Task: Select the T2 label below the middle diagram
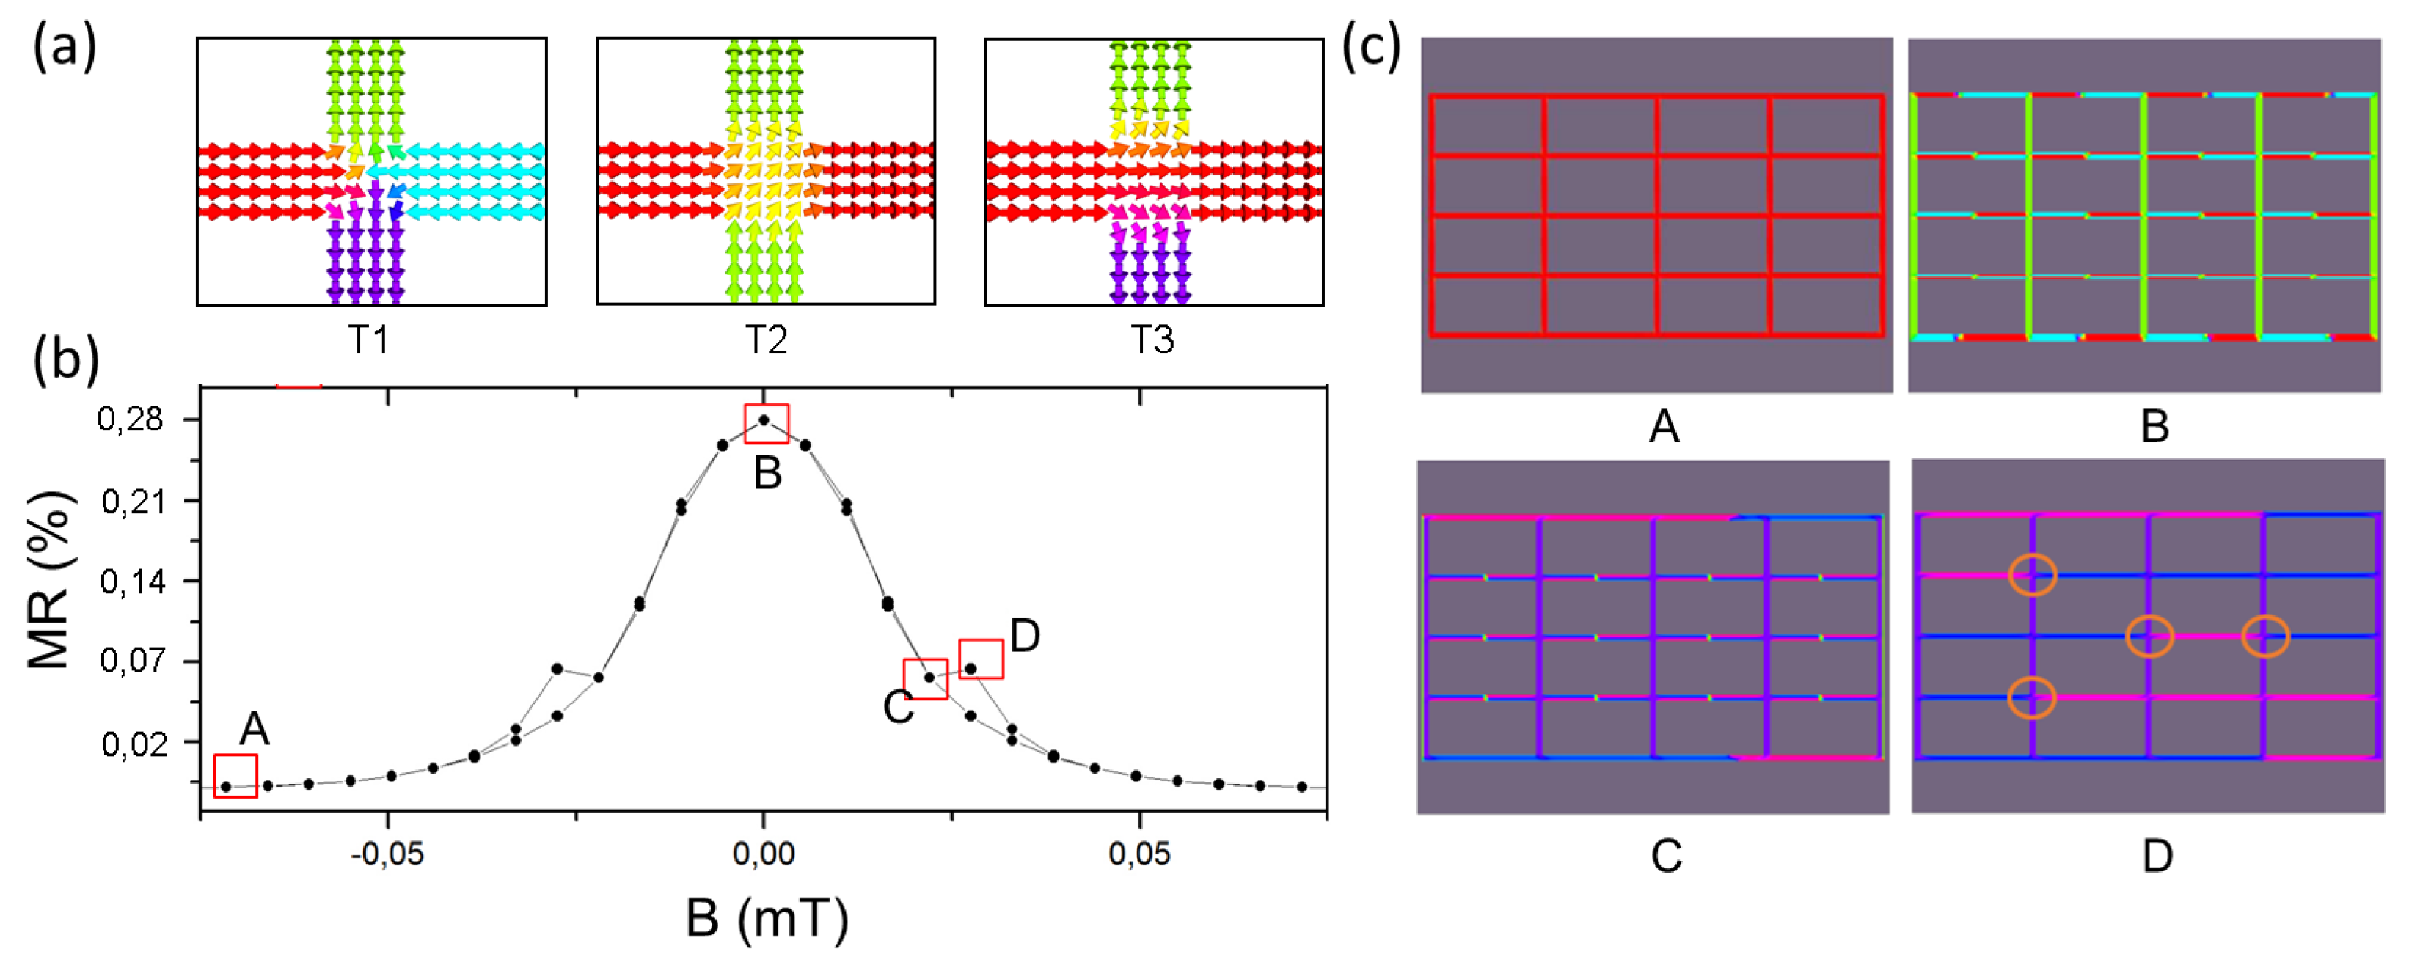[766, 339]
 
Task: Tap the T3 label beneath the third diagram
[1152, 339]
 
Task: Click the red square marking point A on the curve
[235, 775]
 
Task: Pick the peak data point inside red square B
[765, 420]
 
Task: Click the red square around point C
[925, 678]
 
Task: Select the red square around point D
[981, 659]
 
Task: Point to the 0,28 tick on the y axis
[130, 419]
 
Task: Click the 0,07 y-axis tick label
[130, 661]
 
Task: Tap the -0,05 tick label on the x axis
[387, 853]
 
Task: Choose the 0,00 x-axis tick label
[763, 853]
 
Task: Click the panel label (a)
[65, 47]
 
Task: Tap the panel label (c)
[1372, 47]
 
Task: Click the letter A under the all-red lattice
[1664, 428]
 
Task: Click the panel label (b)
[65, 360]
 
